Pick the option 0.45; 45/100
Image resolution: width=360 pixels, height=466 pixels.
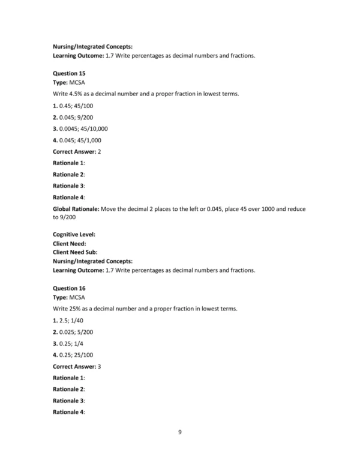tap(79, 106)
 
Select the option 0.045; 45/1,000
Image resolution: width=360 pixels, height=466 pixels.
tap(83, 140)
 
